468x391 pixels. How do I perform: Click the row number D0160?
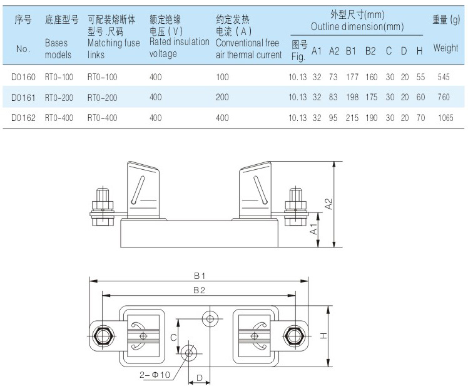[24, 77]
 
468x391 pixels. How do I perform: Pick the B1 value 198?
[352, 97]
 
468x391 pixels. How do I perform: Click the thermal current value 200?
[222, 97]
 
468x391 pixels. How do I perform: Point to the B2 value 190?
[371, 118]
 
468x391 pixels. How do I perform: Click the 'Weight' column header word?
[445, 48]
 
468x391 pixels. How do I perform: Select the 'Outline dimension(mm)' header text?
[357, 27]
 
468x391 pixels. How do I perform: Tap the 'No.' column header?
[23, 49]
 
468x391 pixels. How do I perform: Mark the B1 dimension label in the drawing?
[200, 276]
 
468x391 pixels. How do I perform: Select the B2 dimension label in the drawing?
[200, 290]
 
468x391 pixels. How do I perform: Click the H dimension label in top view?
[323, 336]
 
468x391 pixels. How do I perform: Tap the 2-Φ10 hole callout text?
[155, 375]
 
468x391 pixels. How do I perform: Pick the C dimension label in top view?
[173, 337]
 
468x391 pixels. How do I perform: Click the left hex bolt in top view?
[102, 335]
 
